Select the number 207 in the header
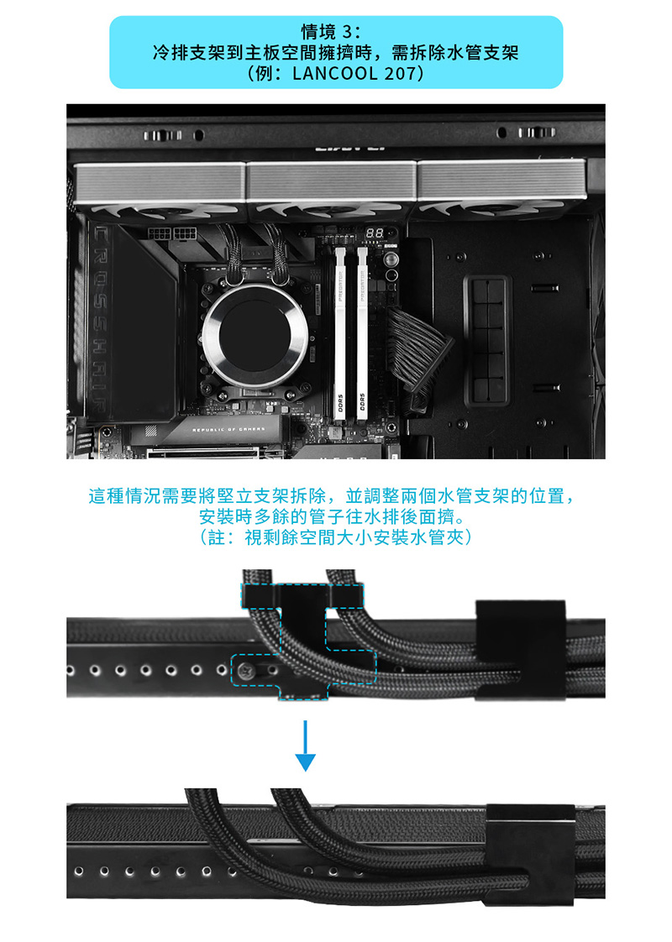pyautogui.click(x=399, y=73)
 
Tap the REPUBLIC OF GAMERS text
pyautogui.click(x=228, y=429)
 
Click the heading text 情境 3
pyautogui.click(x=335, y=34)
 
